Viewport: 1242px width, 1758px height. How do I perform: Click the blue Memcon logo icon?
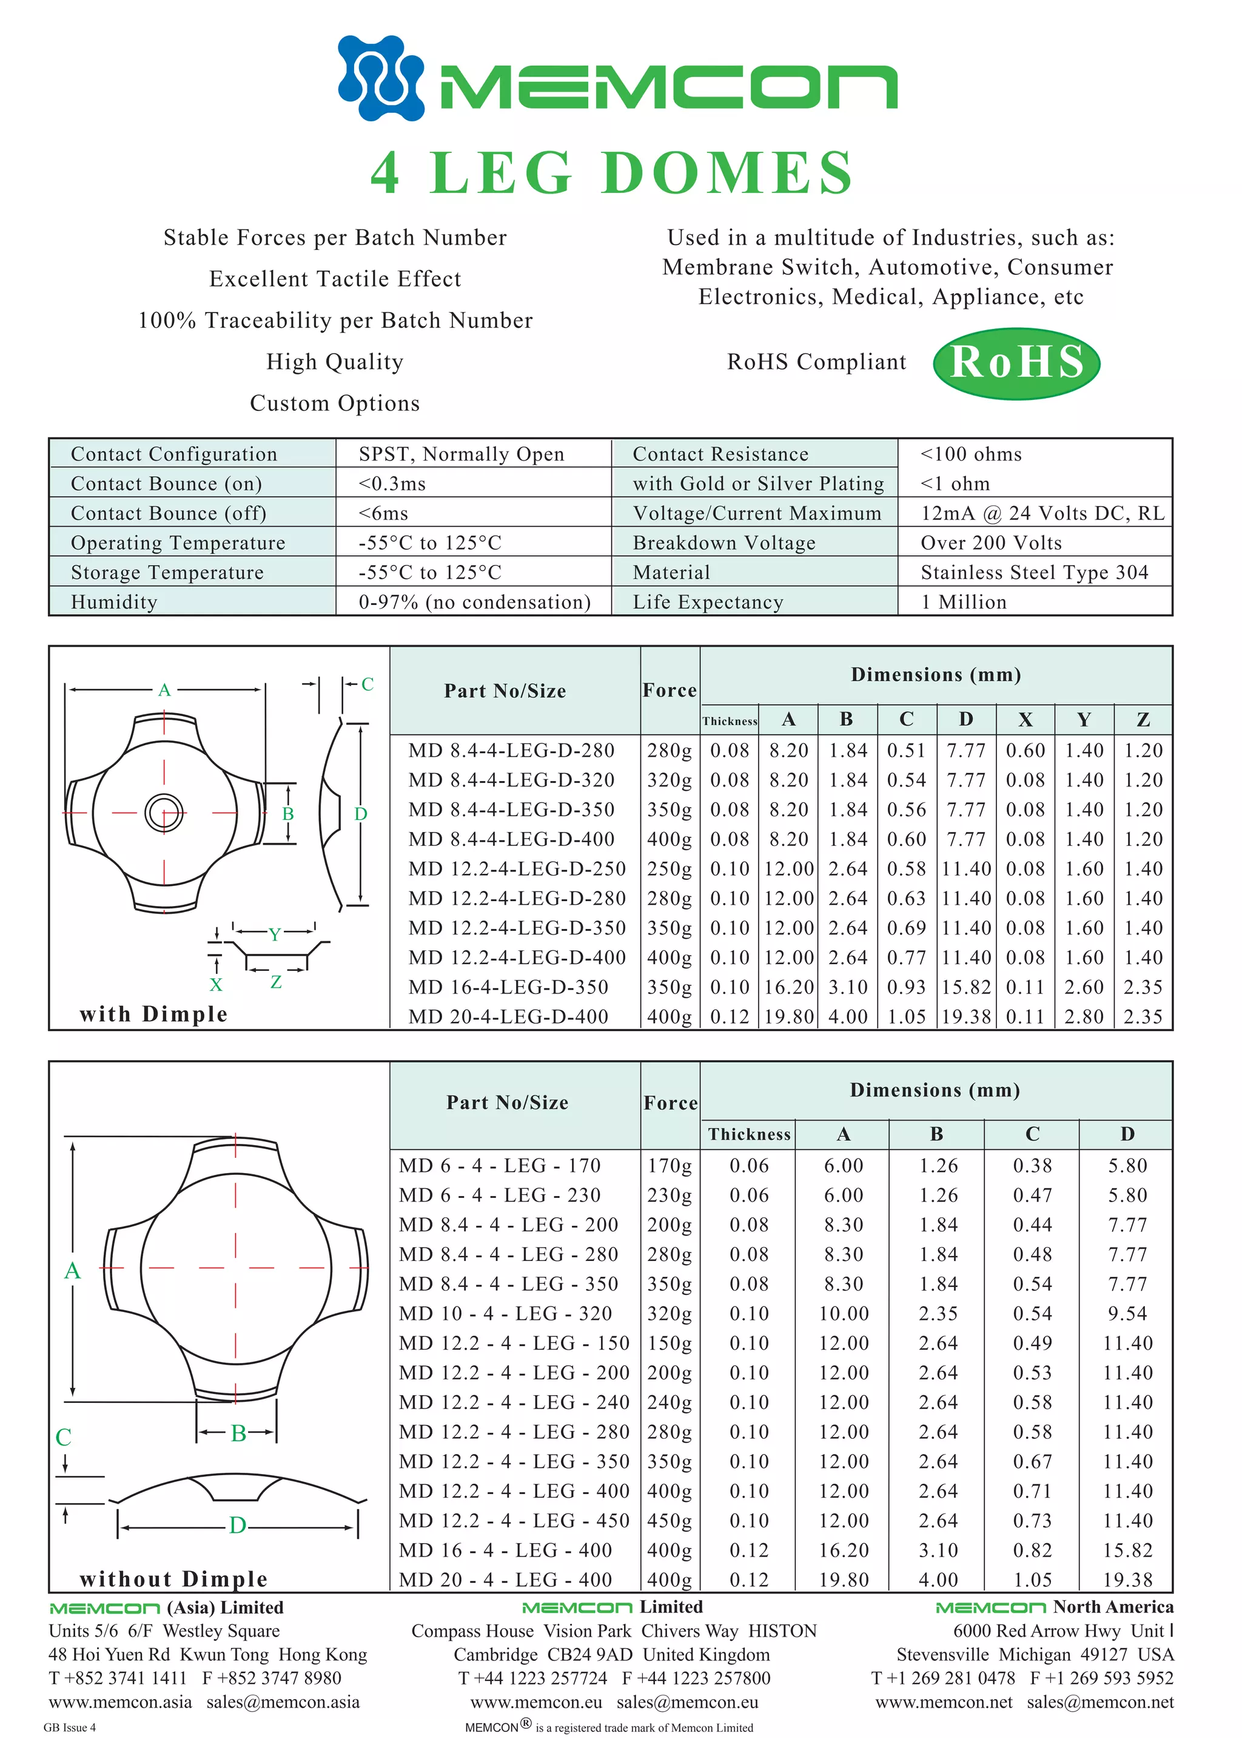pos(380,78)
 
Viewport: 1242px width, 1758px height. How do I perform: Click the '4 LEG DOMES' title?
pos(611,172)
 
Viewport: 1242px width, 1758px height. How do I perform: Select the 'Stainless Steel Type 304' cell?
pos(1034,572)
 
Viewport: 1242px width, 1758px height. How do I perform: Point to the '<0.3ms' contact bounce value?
pos(392,484)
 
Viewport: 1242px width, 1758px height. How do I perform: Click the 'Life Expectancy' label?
pos(708,602)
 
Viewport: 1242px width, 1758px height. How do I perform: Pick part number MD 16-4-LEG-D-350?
pos(508,987)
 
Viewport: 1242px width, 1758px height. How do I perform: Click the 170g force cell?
pos(670,1165)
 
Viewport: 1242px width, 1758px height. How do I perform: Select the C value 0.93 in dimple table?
pos(906,987)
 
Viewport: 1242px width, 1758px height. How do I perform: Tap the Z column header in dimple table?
pos(1143,719)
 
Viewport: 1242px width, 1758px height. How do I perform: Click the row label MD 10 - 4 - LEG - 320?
pos(505,1313)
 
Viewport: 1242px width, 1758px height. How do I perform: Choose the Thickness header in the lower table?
pos(748,1134)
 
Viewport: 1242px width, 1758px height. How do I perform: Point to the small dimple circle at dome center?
pos(164,813)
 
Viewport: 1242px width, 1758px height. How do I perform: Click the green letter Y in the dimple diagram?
pos(275,933)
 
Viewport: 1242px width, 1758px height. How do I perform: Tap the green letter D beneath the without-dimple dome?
pos(237,1525)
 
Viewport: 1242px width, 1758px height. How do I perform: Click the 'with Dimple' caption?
pos(153,1014)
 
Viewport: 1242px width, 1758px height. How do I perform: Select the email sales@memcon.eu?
pos(687,1702)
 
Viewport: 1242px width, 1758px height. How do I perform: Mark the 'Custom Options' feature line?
pos(334,403)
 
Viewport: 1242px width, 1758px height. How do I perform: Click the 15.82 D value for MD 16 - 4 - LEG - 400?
pos(1127,1550)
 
